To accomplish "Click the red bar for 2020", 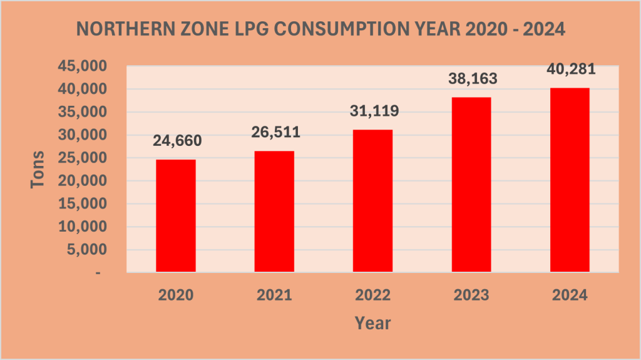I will (x=176, y=215).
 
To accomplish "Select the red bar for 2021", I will (x=274, y=211).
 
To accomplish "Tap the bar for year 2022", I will (x=373, y=200).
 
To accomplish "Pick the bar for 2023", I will (x=471, y=184).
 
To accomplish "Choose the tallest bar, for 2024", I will (x=570, y=180).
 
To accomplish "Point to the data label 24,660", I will (x=177, y=141).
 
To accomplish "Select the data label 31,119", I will (x=374, y=111).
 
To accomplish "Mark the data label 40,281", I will (x=570, y=69).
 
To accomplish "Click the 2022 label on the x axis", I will (x=373, y=295).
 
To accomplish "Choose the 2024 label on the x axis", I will (x=570, y=295).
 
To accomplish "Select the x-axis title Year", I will (x=373, y=323).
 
